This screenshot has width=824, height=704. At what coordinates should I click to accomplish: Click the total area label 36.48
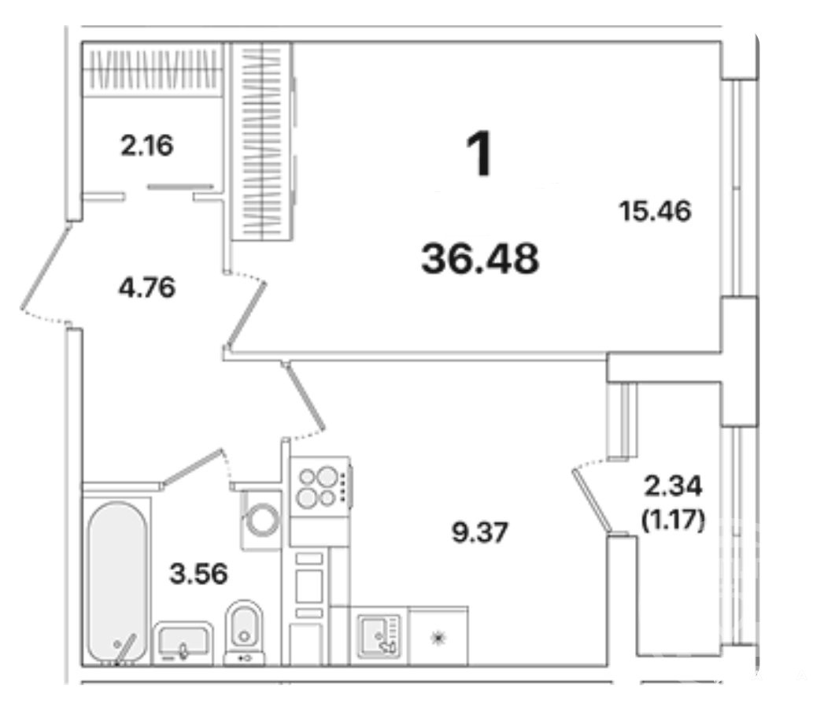pyautogui.click(x=480, y=258)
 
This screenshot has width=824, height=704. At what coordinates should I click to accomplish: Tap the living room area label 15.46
pyautogui.click(x=655, y=211)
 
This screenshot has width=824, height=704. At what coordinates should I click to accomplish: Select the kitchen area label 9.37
pyautogui.click(x=480, y=532)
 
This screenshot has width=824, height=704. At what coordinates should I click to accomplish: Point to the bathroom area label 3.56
pyautogui.click(x=198, y=573)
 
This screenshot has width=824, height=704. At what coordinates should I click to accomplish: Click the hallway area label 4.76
pyautogui.click(x=146, y=288)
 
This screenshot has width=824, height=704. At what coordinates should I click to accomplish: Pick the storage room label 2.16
pyautogui.click(x=146, y=146)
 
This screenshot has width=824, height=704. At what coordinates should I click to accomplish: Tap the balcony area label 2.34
pyautogui.click(x=673, y=487)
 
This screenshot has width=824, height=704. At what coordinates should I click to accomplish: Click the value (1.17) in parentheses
pyautogui.click(x=673, y=520)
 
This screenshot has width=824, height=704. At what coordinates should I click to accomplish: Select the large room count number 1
pyautogui.click(x=480, y=154)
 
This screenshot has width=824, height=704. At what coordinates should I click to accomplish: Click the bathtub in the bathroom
pyautogui.click(x=118, y=582)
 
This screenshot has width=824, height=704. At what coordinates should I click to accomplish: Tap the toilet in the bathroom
pyautogui.click(x=244, y=632)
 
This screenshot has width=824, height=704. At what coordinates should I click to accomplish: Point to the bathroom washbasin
pyautogui.click(x=183, y=643)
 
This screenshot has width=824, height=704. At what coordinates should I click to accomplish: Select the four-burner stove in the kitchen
pyautogui.click(x=320, y=487)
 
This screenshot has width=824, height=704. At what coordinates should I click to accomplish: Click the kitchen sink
pyautogui.click(x=379, y=636)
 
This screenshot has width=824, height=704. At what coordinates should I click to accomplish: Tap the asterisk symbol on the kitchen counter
pyautogui.click(x=438, y=639)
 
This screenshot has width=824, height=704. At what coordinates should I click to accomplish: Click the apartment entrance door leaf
pyautogui.click(x=46, y=266)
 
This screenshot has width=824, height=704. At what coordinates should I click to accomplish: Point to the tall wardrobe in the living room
pyautogui.click(x=262, y=142)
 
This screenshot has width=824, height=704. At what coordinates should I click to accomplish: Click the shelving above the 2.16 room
pyautogui.click(x=153, y=69)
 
